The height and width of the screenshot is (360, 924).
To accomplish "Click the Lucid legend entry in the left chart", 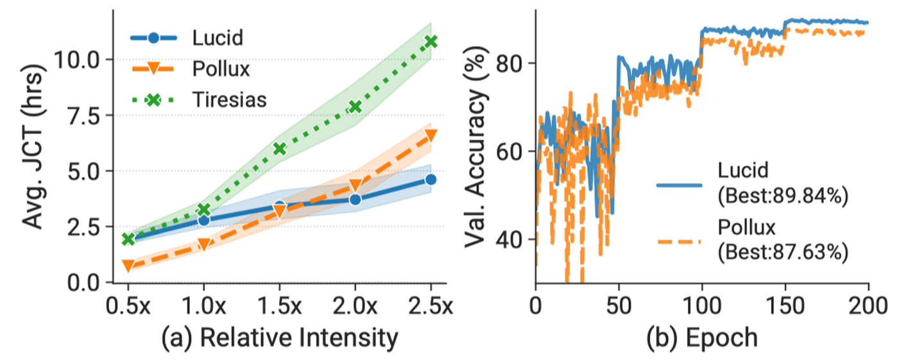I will tap(218, 37).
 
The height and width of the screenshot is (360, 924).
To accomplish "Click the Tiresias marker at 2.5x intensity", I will tap(431, 41).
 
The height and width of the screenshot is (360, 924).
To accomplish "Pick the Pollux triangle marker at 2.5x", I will tap(431, 135).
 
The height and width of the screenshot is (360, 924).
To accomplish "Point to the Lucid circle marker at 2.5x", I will tap(431, 180).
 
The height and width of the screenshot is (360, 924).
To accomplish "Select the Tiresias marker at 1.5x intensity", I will tap(280, 148).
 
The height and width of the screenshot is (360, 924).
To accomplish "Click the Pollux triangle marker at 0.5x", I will tap(128, 266).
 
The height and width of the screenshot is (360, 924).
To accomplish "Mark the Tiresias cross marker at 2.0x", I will tap(355, 107).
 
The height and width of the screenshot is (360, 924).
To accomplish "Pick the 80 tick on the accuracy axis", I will tap(511, 64).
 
